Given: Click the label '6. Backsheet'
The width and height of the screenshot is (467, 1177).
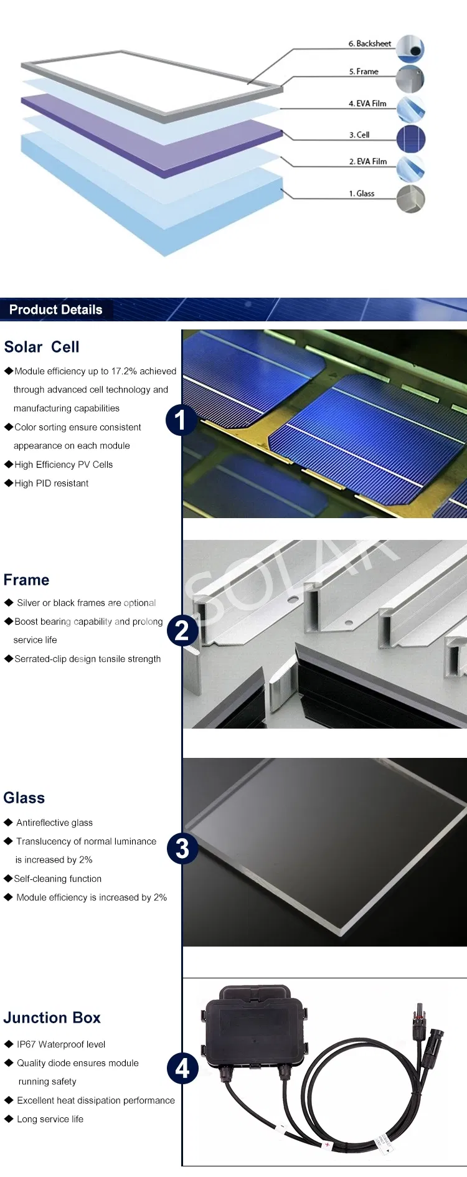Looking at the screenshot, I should pyautogui.click(x=370, y=44).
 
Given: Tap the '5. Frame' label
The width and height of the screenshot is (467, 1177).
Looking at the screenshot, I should pyautogui.click(x=364, y=72).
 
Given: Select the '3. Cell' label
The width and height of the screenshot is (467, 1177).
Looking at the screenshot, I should pyautogui.click(x=359, y=135).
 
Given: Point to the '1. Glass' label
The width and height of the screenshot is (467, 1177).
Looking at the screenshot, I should pyautogui.click(x=362, y=194).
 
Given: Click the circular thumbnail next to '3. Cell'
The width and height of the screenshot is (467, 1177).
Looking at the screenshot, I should pyautogui.click(x=411, y=138).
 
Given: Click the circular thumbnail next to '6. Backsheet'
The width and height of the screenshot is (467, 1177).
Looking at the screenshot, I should pyautogui.click(x=410, y=49).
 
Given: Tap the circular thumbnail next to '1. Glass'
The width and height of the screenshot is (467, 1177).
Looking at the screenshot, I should pyautogui.click(x=411, y=199).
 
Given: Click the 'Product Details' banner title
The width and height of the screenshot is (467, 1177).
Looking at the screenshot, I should pyautogui.click(x=55, y=310).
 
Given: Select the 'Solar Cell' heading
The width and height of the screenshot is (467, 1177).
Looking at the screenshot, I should pyautogui.click(x=42, y=347).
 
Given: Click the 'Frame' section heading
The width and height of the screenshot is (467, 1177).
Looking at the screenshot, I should pyautogui.click(x=26, y=580).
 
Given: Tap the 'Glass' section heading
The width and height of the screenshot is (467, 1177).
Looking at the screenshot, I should pyautogui.click(x=24, y=798).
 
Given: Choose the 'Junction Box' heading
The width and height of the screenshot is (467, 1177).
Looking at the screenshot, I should pyautogui.click(x=52, y=1018).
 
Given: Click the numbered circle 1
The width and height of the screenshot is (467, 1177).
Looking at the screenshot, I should pyautogui.click(x=181, y=420).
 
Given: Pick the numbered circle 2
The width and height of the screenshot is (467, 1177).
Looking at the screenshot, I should pyautogui.click(x=182, y=631).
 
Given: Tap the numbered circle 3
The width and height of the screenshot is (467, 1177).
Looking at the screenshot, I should pyautogui.click(x=182, y=848).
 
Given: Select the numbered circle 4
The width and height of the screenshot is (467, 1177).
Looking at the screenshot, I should pyautogui.click(x=182, y=1069).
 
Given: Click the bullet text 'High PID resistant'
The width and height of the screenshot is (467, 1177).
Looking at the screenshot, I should pyautogui.click(x=51, y=483).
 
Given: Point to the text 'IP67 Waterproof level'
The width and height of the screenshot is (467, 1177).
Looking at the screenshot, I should pyautogui.click(x=61, y=1044).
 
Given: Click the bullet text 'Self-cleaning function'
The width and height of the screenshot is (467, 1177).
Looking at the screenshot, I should pyautogui.click(x=57, y=879).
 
